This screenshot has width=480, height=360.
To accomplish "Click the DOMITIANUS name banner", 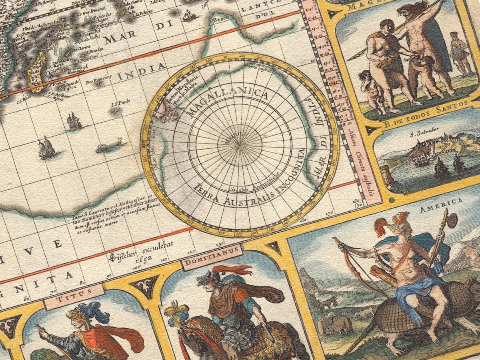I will tap(212, 257).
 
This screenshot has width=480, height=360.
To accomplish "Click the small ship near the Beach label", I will tap(189, 16).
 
